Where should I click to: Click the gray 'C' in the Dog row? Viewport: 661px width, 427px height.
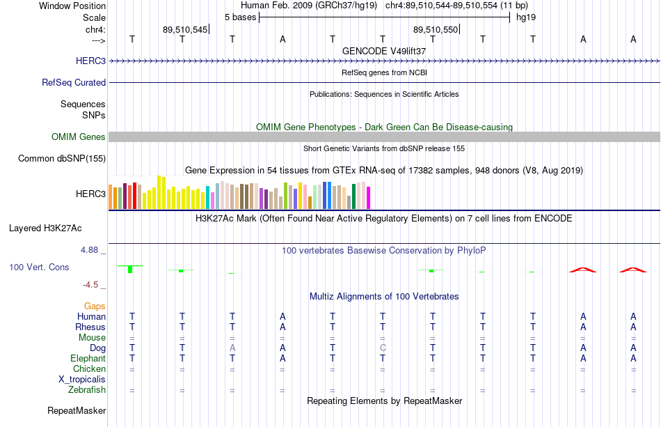tap(383, 348)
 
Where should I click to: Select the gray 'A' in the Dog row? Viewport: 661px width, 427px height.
tap(232, 348)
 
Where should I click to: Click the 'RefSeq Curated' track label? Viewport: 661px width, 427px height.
tap(74, 83)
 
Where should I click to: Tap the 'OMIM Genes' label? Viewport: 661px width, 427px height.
tap(79, 137)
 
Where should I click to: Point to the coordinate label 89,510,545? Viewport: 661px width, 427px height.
tap(185, 29)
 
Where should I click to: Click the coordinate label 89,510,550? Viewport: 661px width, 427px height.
tap(436, 29)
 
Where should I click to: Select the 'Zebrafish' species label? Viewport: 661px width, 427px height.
tap(87, 390)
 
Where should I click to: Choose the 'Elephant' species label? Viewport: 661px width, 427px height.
tap(88, 359)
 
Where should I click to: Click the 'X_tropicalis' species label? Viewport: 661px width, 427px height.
tap(82, 380)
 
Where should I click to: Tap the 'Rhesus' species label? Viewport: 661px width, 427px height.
tap(90, 327)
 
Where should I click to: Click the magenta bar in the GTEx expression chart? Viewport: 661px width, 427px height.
tap(369, 198)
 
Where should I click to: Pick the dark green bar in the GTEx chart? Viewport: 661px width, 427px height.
tap(353, 196)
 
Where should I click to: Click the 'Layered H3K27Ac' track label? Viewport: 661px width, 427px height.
tap(45, 228)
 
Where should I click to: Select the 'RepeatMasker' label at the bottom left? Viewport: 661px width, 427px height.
tap(77, 411)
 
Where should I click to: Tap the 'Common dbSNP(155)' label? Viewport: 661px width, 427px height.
tap(62, 159)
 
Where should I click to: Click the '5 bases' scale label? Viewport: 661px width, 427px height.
tap(240, 17)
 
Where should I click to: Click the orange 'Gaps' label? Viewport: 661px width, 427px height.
tap(95, 306)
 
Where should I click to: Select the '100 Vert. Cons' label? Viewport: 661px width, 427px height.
tap(39, 267)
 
